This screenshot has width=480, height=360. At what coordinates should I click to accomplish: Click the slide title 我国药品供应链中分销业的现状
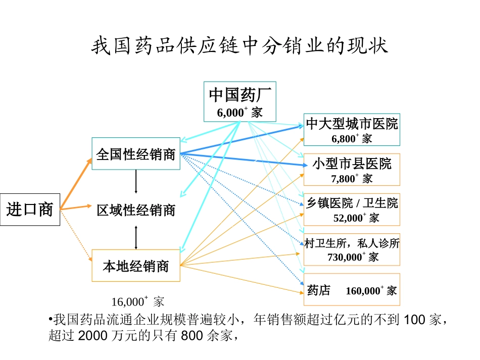[x=239, y=47]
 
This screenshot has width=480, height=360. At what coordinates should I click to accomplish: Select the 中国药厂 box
[x=240, y=101]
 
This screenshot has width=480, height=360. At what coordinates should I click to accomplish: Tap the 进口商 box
[x=30, y=209]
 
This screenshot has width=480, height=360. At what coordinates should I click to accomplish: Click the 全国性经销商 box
[x=136, y=154]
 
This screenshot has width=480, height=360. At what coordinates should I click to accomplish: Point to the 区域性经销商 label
[x=136, y=210]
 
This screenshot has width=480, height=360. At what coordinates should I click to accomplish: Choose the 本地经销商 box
[x=136, y=266]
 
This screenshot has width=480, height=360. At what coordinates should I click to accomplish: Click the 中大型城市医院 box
[x=352, y=130]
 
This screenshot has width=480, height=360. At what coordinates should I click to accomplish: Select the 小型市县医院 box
[x=352, y=170]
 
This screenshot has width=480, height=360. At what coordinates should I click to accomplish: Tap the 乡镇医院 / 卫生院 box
[x=352, y=209]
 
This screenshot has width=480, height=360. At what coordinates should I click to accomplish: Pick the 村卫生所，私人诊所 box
[x=352, y=249]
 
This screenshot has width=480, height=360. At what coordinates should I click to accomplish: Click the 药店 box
[x=352, y=290]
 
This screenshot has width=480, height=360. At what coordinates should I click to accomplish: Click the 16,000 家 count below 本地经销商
[x=137, y=302]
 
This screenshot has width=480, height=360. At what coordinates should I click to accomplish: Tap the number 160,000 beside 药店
[x=363, y=291]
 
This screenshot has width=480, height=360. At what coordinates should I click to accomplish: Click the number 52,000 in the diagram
[x=348, y=218]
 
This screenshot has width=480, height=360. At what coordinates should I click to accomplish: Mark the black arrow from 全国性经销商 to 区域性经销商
[x=136, y=182]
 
